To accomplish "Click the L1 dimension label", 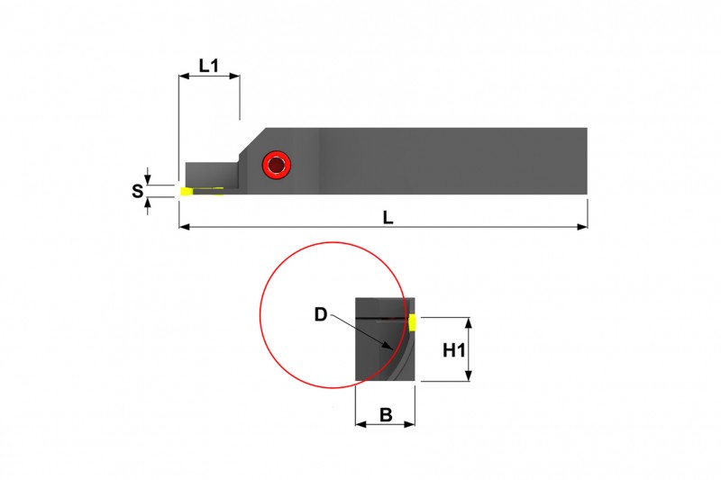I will (x=208, y=66).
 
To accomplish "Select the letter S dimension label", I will (x=138, y=191).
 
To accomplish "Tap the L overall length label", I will (x=388, y=217).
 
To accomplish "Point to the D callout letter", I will (x=321, y=314).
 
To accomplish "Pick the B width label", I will (x=386, y=415).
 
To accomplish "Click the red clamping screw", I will (x=276, y=165).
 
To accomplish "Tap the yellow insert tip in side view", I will (x=187, y=191).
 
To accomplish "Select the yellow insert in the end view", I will (x=412, y=322).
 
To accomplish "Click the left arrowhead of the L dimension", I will (x=183, y=227).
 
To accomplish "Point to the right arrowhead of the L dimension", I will (x=584, y=227).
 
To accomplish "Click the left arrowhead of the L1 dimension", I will (x=182, y=78).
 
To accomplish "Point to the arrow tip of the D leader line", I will (x=389, y=348).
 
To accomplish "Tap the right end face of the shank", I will (x=586, y=160).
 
